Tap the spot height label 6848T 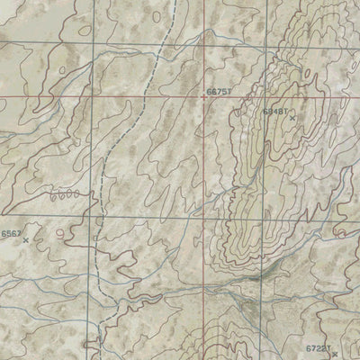coord(274,111)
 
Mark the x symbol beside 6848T coord(292,117)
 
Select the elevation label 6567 coord(12,233)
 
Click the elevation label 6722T coord(318,347)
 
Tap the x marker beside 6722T coord(334,354)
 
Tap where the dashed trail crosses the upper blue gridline coord(158,41)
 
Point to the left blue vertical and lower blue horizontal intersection coord(94,217)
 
